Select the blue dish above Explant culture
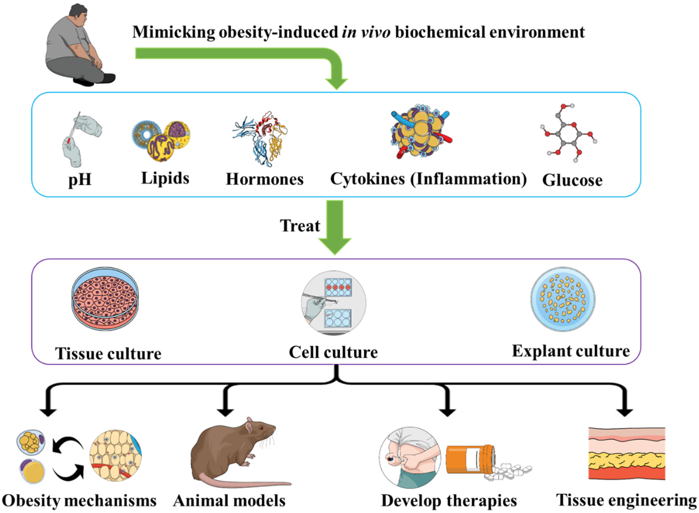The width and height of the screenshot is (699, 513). (563, 299)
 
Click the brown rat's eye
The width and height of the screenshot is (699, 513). (261, 429)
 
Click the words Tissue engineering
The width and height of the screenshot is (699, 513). (626, 500)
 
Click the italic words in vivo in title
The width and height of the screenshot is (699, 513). (366, 32)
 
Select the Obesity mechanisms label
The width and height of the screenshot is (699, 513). (79, 501)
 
